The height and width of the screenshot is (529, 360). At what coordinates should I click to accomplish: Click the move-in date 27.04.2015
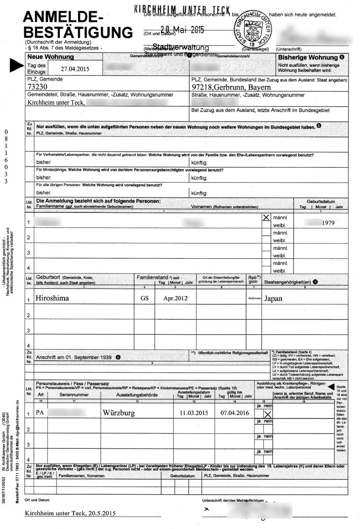(75, 69)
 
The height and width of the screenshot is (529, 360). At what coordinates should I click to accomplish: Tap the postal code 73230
(37, 87)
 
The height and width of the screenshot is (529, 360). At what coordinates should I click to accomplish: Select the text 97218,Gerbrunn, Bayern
(231, 87)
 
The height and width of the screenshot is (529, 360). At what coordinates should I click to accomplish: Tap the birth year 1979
(328, 223)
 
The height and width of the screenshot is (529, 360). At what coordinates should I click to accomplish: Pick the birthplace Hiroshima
(52, 298)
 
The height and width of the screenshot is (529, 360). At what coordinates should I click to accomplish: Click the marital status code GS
(144, 298)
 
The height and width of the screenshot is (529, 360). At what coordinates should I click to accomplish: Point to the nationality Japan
(273, 298)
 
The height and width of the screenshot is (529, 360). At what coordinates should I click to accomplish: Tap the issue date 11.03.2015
(193, 412)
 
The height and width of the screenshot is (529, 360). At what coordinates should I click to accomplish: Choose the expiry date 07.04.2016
(234, 412)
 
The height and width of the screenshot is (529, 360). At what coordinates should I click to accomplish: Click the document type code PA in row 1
(40, 412)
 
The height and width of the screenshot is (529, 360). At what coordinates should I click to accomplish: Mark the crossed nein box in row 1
(268, 415)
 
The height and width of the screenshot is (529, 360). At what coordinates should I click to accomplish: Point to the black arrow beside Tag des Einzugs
(17, 64)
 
